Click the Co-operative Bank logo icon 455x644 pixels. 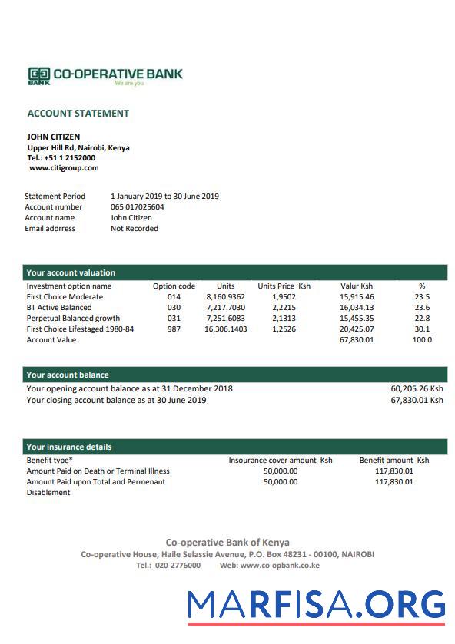38,75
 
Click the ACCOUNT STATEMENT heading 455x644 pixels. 78,114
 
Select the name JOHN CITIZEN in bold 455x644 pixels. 54,137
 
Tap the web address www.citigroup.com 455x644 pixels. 64,167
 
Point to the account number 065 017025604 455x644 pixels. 137,206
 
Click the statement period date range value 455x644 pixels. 164,196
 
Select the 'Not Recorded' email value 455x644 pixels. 135,228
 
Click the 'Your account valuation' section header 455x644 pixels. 71,272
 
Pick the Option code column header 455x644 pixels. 174,286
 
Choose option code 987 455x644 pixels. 174,329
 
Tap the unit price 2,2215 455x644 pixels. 284,307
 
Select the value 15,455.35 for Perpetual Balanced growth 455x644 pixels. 357,318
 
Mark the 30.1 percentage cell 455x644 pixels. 422,329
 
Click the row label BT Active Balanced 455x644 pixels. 59,307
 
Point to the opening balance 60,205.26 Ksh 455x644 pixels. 417,388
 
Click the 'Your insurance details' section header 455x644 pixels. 69,447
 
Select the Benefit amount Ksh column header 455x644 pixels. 394,460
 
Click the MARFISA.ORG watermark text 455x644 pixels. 316,604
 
